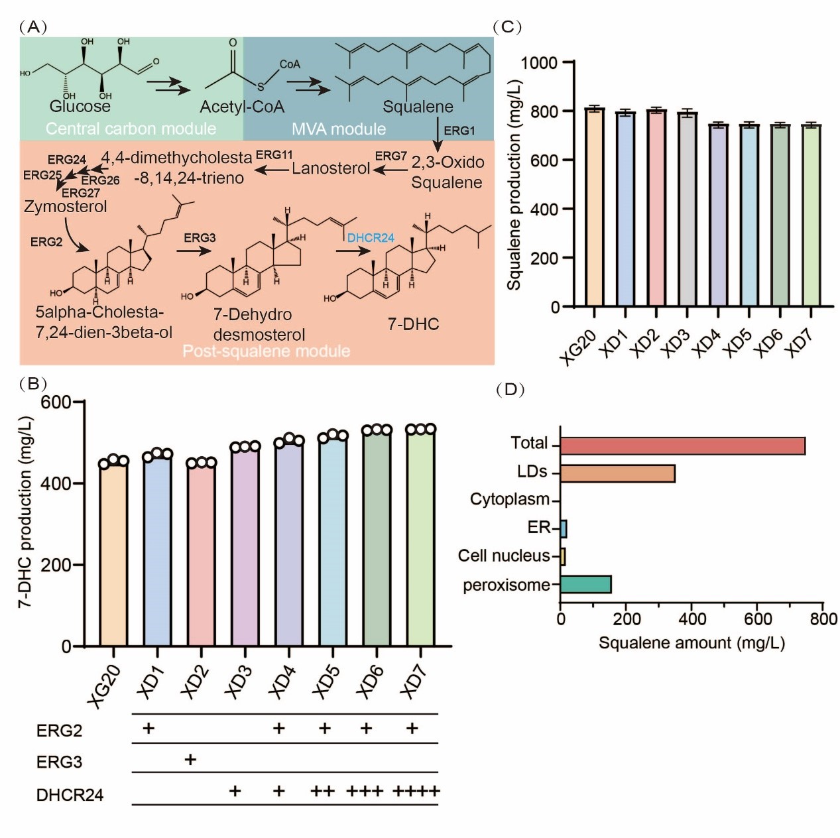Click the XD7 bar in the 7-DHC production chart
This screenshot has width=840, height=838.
pos(421,537)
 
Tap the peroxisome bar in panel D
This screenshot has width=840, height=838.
pos(585,584)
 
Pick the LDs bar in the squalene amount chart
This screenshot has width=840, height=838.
pos(617,473)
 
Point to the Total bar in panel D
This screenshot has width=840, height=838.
pos(682,446)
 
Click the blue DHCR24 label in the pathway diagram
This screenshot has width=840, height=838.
pos(371,238)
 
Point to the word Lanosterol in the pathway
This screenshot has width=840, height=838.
pos(331,168)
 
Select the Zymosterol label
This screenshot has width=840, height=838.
pos(66,207)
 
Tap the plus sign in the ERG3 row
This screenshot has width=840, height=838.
pos(190,760)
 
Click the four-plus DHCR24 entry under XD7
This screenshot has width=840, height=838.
pos(416,792)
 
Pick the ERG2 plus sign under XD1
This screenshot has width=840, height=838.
pos(149,729)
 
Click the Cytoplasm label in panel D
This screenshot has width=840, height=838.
pos(509,499)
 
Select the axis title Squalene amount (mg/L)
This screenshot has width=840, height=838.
pos(691,642)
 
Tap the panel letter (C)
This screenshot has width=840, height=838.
pos(509,27)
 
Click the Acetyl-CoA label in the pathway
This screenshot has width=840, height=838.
pos(242,107)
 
